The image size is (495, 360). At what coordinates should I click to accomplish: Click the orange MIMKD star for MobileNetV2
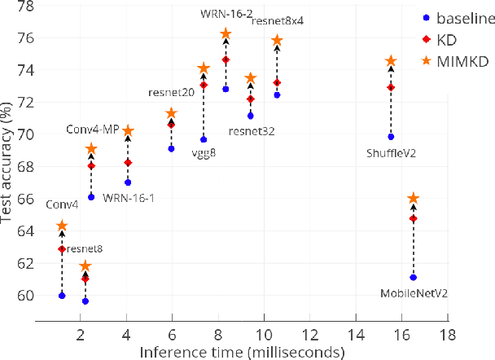click(x=413, y=198)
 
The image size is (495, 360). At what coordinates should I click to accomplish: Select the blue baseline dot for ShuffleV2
click(x=391, y=137)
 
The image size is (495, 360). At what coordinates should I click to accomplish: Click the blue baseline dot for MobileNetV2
click(x=413, y=278)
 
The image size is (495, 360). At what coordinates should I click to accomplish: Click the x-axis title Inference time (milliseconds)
click(x=241, y=352)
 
